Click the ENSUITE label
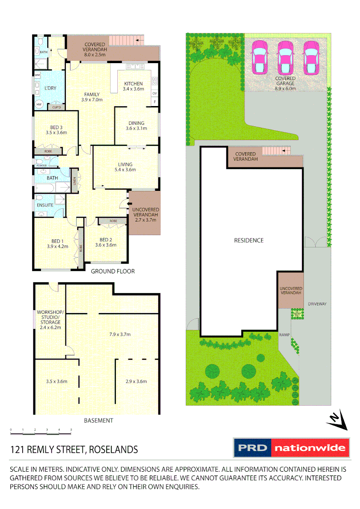click(45, 205)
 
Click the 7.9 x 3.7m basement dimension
click(120, 335)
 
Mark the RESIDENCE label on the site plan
click(249, 240)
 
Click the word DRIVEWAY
click(317, 304)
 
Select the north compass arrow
click(336, 419)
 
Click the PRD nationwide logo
click(292, 448)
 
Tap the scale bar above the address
click(41, 430)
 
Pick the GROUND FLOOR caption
click(113, 271)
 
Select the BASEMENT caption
click(98, 420)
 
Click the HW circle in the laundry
click(39, 104)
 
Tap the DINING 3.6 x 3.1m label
click(136, 126)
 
